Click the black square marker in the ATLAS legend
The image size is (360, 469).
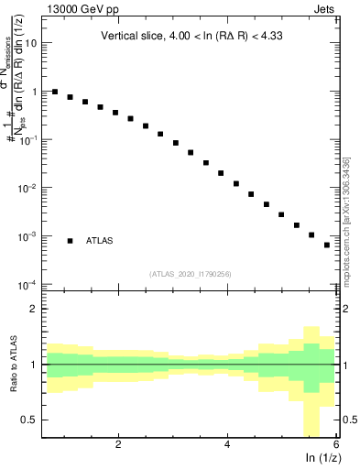click(x=71, y=241)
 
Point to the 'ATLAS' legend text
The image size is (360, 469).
click(x=100, y=241)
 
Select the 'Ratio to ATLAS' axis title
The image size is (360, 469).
click(x=14, y=364)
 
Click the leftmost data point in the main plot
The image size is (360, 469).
click(x=55, y=92)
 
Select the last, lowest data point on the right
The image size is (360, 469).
click(x=327, y=245)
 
